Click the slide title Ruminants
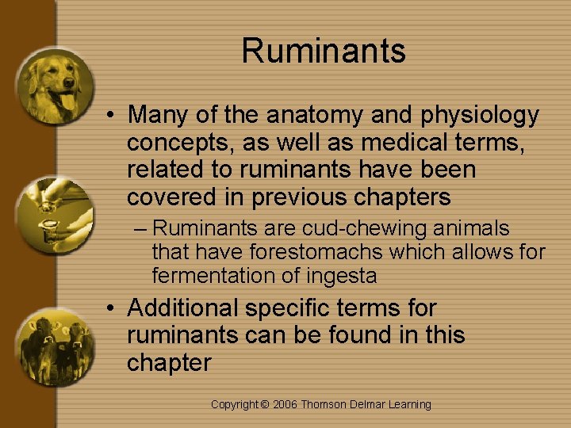tap(324, 51)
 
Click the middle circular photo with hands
tap(54, 215)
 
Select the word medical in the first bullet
tap(373, 143)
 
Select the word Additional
tap(182, 308)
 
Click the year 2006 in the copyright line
tap(287, 404)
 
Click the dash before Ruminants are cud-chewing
tap(140, 229)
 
